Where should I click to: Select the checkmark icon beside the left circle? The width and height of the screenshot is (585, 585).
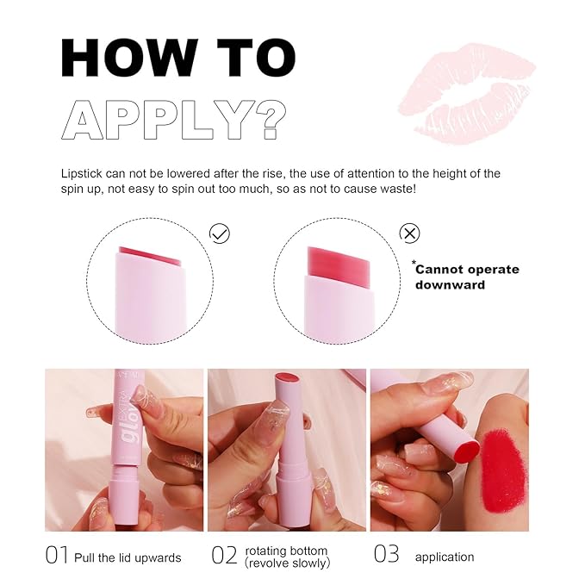click(220, 233)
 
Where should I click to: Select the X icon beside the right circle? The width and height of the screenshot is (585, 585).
click(410, 233)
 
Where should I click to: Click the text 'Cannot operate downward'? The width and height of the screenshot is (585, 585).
click(467, 277)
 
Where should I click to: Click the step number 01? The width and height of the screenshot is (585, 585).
click(57, 556)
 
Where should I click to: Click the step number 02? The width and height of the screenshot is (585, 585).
click(224, 556)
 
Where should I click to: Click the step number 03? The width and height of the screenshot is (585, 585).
click(387, 556)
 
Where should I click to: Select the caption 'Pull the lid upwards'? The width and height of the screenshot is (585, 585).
click(128, 557)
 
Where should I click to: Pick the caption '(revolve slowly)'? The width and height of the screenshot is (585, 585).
click(288, 563)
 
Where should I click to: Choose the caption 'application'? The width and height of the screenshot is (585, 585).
click(445, 557)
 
